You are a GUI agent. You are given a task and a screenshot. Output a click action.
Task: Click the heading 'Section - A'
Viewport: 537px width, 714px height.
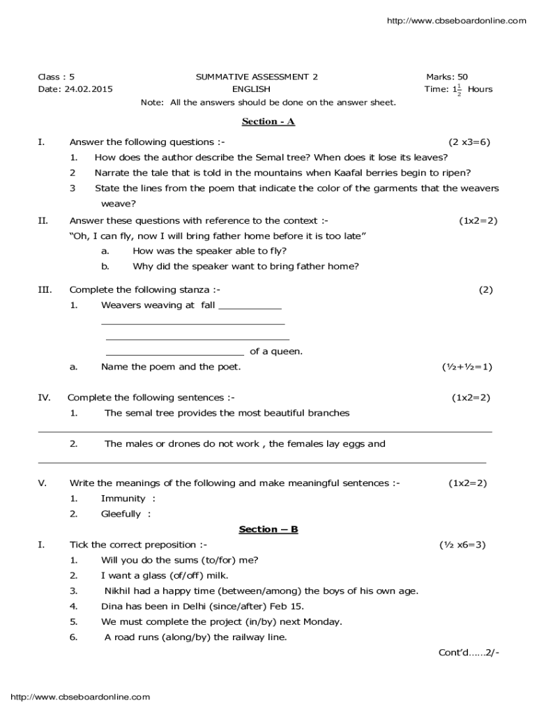(x=268, y=121)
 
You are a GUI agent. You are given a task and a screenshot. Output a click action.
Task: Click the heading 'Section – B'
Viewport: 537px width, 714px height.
(x=268, y=529)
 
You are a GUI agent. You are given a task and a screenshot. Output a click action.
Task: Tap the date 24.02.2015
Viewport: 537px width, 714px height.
(x=88, y=89)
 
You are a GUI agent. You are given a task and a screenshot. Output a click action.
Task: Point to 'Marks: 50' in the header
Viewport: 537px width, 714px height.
(x=447, y=77)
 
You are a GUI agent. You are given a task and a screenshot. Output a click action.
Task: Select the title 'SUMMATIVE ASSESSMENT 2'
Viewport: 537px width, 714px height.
(x=252, y=77)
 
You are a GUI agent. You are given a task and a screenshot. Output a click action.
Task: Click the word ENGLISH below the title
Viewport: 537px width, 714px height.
(x=251, y=89)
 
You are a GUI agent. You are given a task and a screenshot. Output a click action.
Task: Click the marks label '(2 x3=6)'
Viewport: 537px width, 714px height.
(x=469, y=142)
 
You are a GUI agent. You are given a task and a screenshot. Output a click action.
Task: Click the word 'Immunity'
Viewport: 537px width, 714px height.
(x=123, y=499)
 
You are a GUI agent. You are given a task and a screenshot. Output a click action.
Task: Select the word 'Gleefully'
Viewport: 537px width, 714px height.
(x=121, y=514)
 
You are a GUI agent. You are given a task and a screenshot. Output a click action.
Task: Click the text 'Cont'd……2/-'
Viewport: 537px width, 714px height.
(x=469, y=653)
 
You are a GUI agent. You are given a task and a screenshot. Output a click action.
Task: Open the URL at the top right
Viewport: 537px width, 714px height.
(x=456, y=21)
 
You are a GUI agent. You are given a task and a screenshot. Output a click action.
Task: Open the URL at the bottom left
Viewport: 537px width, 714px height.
(x=80, y=697)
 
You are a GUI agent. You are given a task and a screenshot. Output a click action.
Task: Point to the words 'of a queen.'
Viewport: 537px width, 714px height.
(x=276, y=351)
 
